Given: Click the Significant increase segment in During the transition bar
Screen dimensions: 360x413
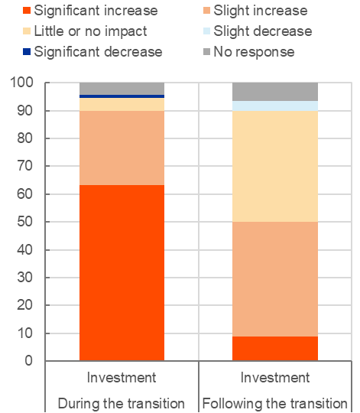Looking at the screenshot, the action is click(x=122, y=272).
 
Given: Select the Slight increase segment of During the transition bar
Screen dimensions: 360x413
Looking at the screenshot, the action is click(x=122, y=148).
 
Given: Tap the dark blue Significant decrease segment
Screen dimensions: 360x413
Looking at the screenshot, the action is click(x=122, y=96).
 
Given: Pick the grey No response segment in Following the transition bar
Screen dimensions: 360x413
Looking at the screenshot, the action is click(x=275, y=92).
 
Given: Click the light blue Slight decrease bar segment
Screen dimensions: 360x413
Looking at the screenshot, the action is click(x=275, y=106).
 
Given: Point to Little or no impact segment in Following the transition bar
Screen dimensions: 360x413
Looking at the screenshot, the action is click(x=275, y=166).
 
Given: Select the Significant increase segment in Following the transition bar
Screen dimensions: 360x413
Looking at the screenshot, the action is click(x=275, y=349).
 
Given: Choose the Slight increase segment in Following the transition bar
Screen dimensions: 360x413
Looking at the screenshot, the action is click(x=275, y=279).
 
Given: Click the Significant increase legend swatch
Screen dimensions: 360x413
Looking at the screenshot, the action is click(x=27, y=11).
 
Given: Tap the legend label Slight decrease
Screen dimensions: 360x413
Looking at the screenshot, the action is click(x=263, y=31).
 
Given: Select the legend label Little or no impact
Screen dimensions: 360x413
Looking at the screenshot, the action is click(x=90, y=31).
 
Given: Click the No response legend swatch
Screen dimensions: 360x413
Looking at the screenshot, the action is click(x=206, y=52).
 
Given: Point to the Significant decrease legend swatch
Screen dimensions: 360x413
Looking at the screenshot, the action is click(x=27, y=52).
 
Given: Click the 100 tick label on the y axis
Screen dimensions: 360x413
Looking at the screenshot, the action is click(x=21, y=83).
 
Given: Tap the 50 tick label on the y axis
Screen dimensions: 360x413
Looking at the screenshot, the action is click(x=25, y=222).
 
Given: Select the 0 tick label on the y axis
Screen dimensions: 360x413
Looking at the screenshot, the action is click(x=29, y=360).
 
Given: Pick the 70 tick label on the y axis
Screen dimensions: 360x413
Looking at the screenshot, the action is click(x=25, y=166).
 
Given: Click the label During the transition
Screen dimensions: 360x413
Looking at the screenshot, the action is click(x=122, y=403).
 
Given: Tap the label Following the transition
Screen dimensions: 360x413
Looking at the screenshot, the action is click(x=275, y=403).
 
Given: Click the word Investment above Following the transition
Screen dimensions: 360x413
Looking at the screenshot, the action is click(x=275, y=378).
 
